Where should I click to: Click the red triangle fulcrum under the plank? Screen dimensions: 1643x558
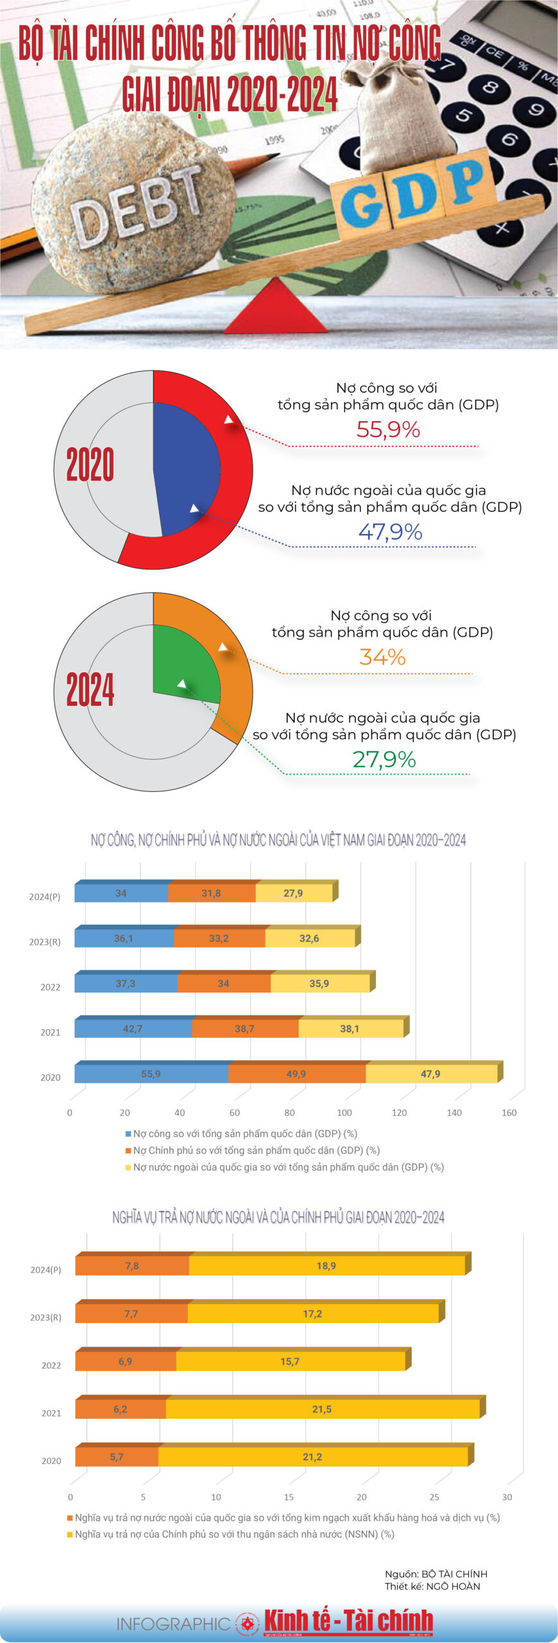point(276,311)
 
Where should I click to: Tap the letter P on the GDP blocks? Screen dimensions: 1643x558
point(466,181)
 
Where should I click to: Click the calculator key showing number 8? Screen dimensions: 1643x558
point(490,86)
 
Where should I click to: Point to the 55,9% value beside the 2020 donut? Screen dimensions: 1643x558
point(388,429)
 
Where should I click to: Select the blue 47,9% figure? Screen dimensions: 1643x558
point(390,532)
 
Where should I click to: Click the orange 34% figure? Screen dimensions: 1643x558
point(382,657)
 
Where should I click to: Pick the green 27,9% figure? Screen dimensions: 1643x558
point(384,759)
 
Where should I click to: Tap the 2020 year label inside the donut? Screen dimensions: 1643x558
point(90,465)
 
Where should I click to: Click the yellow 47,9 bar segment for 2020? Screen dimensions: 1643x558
point(430,1074)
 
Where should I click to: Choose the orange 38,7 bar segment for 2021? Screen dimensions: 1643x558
point(244,1029)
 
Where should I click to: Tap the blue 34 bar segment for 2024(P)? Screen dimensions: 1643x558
point(121,893)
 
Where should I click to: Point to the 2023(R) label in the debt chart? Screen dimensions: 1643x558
point(45,942)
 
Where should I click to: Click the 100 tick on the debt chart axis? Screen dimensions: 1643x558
point(344,1113)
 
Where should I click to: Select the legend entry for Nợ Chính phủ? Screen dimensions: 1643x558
point(256,1150)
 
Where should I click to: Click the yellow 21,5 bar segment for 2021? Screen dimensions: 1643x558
point(322,1409)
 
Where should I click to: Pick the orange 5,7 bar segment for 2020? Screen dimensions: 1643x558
point(117,1457)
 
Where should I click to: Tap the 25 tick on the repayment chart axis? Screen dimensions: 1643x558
point(434,1497)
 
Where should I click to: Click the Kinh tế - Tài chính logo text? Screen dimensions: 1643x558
point(348,1621)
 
